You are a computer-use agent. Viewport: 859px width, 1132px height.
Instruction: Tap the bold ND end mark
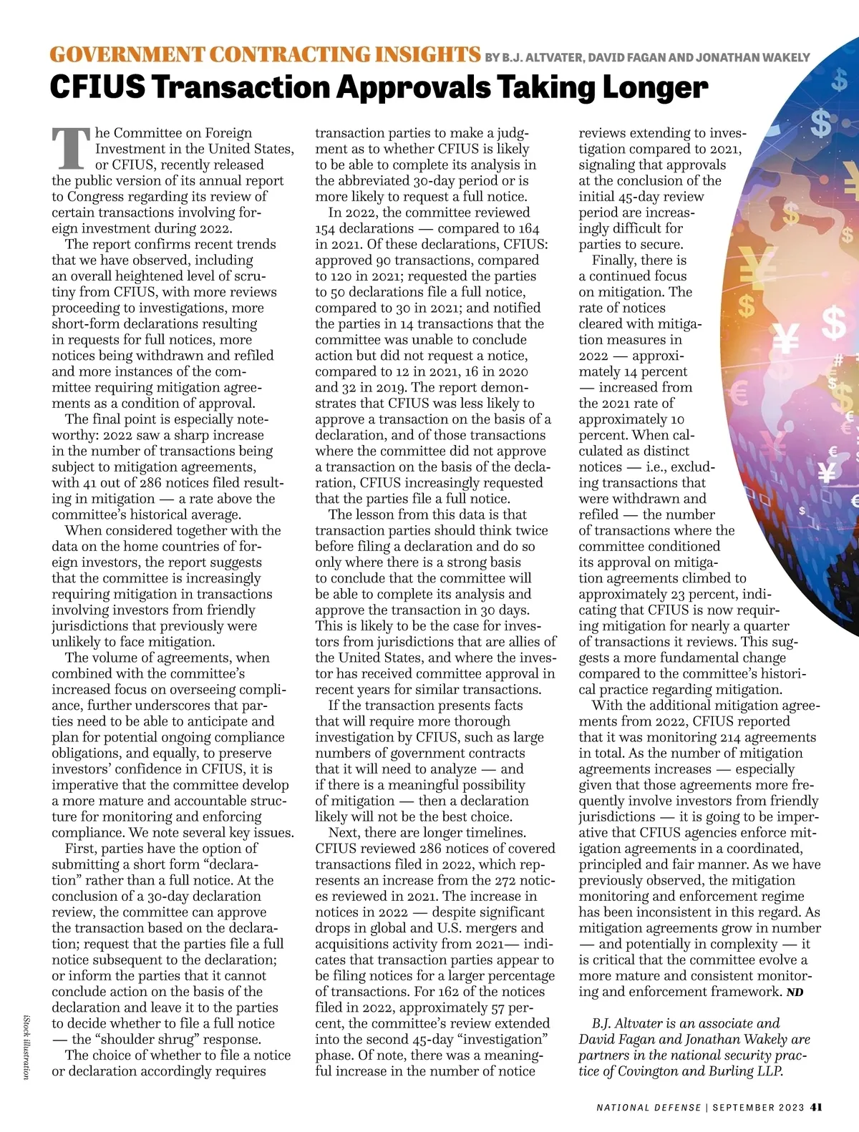click(794, 992)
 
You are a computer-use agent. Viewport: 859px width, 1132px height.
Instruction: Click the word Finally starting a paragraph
click(613, 260)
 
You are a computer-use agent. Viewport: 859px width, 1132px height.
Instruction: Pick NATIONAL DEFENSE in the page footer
click(649, 1108)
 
